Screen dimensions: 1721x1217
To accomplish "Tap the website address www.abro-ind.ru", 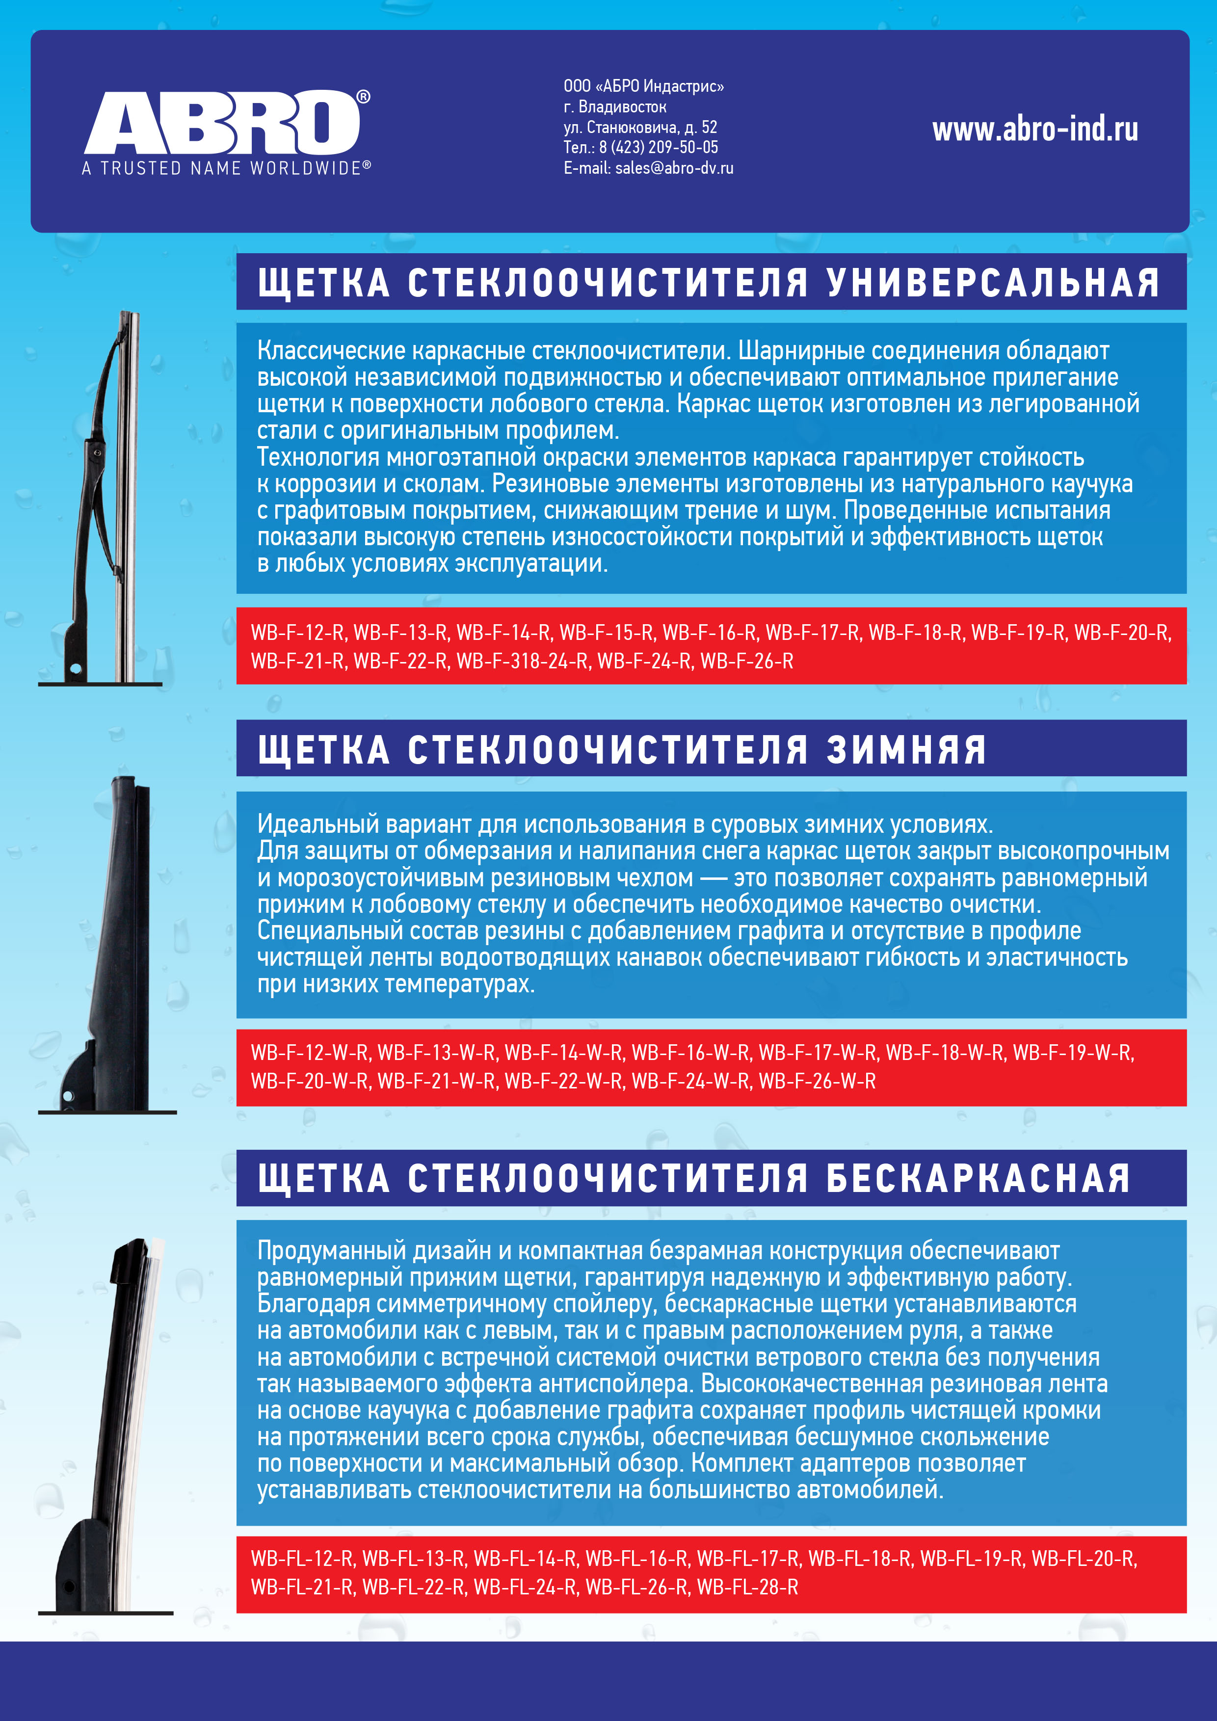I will pos(1035,130).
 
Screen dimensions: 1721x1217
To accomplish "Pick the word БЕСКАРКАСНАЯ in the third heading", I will pos(978,1178).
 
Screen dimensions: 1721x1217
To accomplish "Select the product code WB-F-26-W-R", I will pos(817,1081).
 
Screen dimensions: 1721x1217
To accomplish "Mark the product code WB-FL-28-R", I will pos(747,1587).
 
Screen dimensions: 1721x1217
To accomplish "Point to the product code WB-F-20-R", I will pos(1122,633).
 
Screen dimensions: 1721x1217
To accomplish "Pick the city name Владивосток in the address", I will pos(622,107).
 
